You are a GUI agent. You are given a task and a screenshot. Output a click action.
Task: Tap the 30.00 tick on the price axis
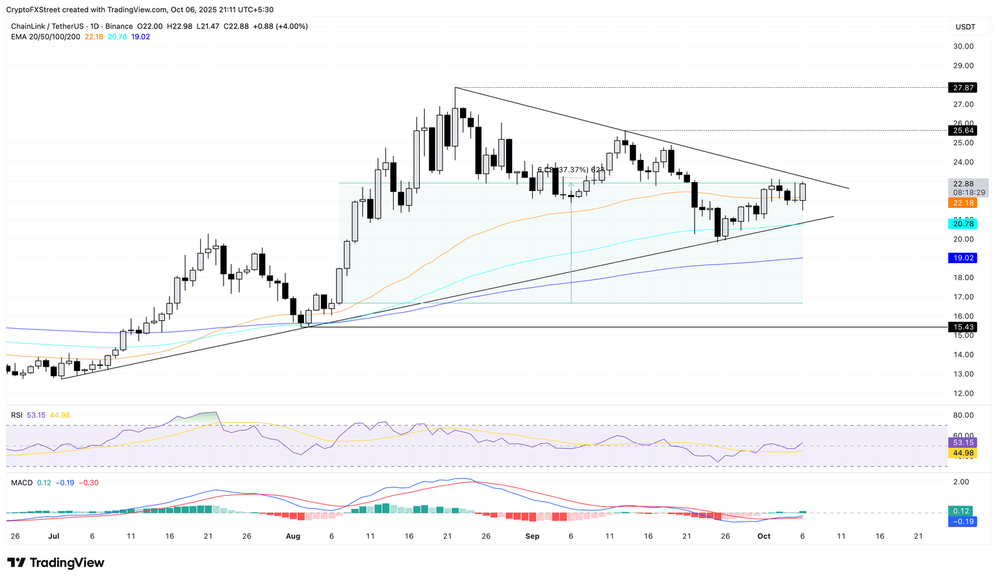(963, 46)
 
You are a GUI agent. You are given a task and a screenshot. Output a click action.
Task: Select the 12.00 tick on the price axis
(963, 393)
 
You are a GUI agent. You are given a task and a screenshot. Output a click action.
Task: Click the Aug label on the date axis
(293, 536)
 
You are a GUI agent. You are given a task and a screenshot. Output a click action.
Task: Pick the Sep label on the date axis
(532, 536)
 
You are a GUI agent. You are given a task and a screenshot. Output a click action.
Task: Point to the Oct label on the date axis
(764, 536)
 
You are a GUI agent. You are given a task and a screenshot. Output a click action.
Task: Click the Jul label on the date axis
(53, 536)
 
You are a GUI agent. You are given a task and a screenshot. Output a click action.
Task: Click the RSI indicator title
(18, 415)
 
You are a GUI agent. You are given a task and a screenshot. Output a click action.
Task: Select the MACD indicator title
(21, 483)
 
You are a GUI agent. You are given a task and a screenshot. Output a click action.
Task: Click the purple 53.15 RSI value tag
(962, 443)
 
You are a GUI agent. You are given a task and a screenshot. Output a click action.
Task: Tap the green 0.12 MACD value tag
(962, 511)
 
